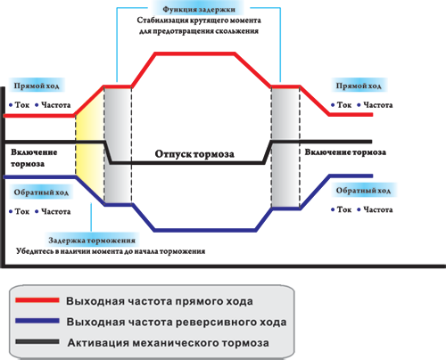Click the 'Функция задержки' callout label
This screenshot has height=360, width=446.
(199, 10)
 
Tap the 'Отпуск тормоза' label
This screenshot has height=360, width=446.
(194, 154)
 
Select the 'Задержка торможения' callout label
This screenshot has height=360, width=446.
(92, 241)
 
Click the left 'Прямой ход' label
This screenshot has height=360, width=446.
(37, 86)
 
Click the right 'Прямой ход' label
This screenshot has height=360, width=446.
(359, 86)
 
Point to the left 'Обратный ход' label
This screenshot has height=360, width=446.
(41, 192)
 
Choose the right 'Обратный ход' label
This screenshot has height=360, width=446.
(363, 191)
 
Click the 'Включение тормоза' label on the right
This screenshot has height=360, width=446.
(345, 152)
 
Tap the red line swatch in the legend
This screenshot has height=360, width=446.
(37, 300)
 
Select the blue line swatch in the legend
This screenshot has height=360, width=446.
(37, 321)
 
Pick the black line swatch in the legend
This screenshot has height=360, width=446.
(37, 341)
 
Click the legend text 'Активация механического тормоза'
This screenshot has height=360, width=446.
(169, 343)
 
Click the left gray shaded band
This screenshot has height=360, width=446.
(118, 145)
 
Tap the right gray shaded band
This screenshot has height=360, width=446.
(285, 148)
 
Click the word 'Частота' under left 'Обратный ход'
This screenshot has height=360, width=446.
(56, 211)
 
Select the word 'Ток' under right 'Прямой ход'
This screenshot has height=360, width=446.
(344, 105)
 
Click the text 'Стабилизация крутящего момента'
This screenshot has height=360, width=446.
(199, 20)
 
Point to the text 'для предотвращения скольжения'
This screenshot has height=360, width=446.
(199, 31)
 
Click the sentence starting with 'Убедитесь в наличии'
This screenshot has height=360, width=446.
(111, 251)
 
